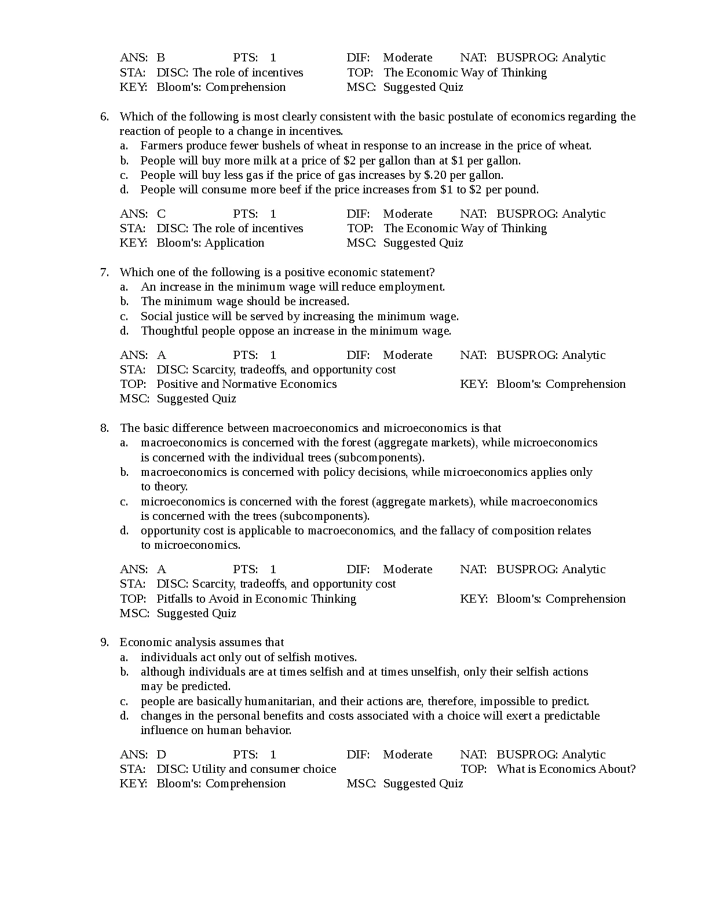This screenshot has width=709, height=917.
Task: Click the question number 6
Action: pyautogui.click(x=104, y=116)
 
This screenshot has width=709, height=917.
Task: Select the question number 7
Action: pyautogui.click(x=104, y=272)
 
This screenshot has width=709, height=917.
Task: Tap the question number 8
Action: pyautogui.click(x=104, y=428)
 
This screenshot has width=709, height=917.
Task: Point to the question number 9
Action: pyautogui.click(x=104, y=642)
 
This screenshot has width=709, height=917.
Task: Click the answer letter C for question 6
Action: pyautogui.click(x=161, y=214)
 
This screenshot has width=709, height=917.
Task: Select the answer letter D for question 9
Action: pyautogui.click(x=161, y=754)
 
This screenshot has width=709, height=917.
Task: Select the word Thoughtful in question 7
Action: pyautogui.click(x=170, y=331)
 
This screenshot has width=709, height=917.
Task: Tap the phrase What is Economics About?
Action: pyautogui.click(x=566, y=769)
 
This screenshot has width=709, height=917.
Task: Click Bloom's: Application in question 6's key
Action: pyautogui.click(x=210, y=243)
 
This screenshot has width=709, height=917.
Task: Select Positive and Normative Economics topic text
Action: pyautogui.click(x=246, y=384)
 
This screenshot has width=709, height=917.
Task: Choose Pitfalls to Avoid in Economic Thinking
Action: pyautogui.click(x=256, y=599)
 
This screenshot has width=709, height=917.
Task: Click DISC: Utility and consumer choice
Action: pyautogui.click(x=246, y=769)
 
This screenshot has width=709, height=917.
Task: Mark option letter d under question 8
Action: pyautogui.click(x=124, y=530)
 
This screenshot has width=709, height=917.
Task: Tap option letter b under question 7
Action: pyautogui.click(x=124, y=301)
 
